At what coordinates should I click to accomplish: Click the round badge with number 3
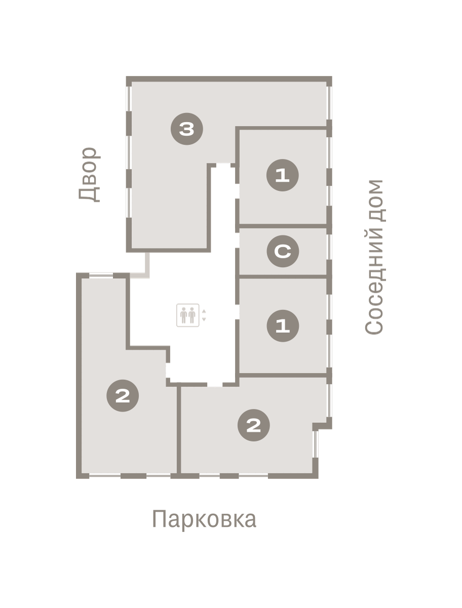click(187, 129)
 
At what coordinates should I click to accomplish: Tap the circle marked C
click(283, 251)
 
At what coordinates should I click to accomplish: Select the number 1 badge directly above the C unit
click(282, 175)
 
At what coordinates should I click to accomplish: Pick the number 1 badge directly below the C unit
click(283, 326)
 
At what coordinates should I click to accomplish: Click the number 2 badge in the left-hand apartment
click(123, 396)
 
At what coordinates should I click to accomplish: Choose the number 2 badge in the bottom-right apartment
click(254, 425)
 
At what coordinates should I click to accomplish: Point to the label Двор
click(89, 175)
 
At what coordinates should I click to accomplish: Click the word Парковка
click(204, 520)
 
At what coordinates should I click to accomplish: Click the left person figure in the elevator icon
click(183, 315)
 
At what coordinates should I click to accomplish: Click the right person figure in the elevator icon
click(192, 315)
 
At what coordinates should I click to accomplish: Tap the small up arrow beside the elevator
click(204, 311)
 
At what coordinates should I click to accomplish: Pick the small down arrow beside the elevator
click(204, 319)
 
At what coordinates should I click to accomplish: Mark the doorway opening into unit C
click(237, 240)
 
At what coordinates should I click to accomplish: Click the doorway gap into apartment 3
click(223, 165)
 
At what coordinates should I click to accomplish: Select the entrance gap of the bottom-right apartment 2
click(215, 385)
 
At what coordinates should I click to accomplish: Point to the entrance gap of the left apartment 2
click(168, 370)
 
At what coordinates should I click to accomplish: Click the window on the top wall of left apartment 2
click(101, 275)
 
